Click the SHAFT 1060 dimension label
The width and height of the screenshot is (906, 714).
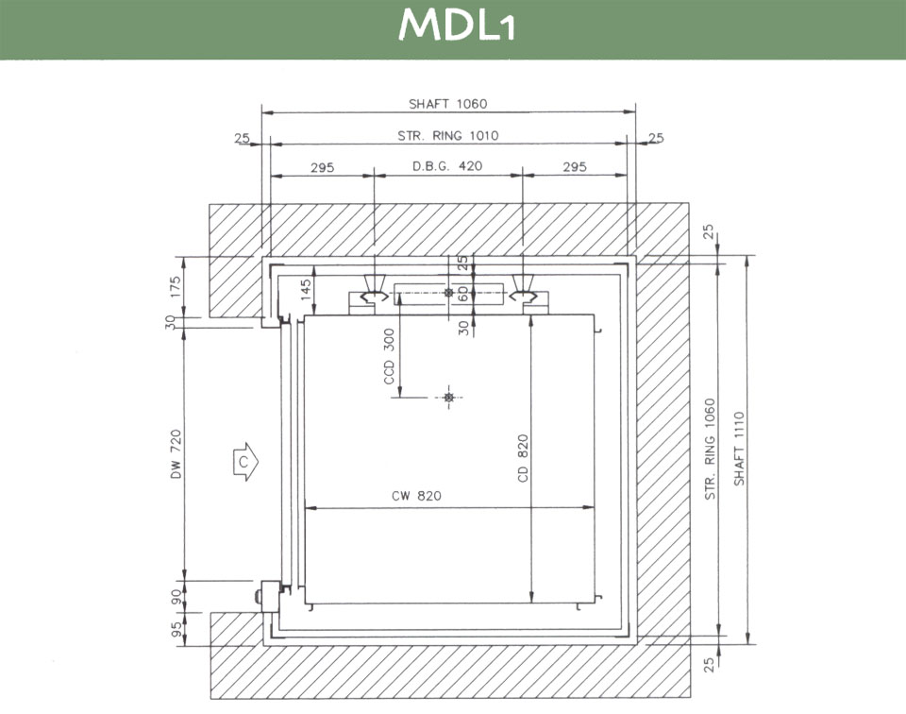447,104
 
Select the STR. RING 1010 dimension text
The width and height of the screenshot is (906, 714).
447,136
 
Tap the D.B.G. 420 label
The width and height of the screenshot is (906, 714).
447,166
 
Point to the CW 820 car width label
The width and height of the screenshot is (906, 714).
416,496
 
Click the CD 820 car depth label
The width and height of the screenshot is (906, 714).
523,458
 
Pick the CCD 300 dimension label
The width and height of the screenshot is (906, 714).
390,357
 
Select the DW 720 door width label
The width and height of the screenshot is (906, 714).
176,454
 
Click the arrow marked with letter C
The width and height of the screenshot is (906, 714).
246,462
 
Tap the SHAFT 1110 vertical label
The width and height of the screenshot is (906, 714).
739,449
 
